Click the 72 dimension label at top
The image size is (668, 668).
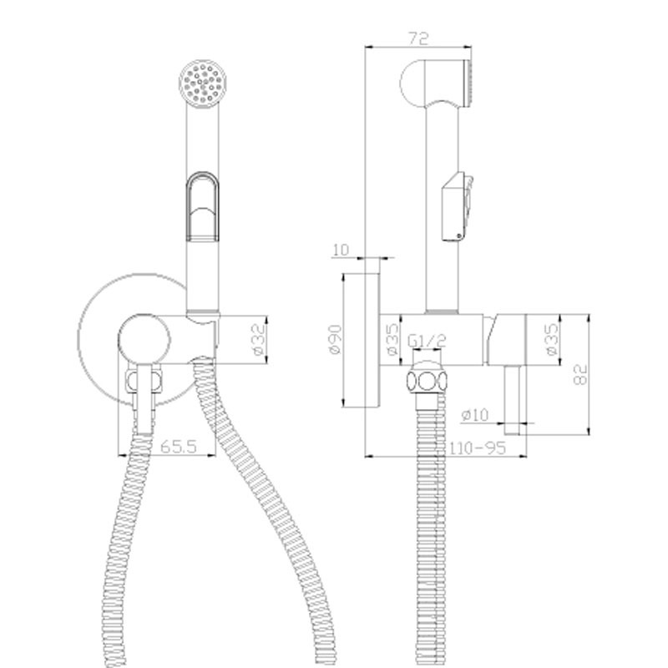pyautogui.click(x=418, y=38)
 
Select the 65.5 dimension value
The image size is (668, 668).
pyautogui.click(x=179, y=447)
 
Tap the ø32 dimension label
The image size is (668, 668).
pyautogui.click(x=259, y=340)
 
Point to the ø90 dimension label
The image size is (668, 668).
pyautogui.click(x=336, y=339)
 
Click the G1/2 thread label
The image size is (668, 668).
pyautogui.click(x=427, y=341)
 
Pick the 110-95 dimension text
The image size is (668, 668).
pyautogui.click(x=478, y=448)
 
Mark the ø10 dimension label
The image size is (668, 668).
pyautogui.click(x=475, y=414)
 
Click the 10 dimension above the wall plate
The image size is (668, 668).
pyautogui.click(x=341, y=250)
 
